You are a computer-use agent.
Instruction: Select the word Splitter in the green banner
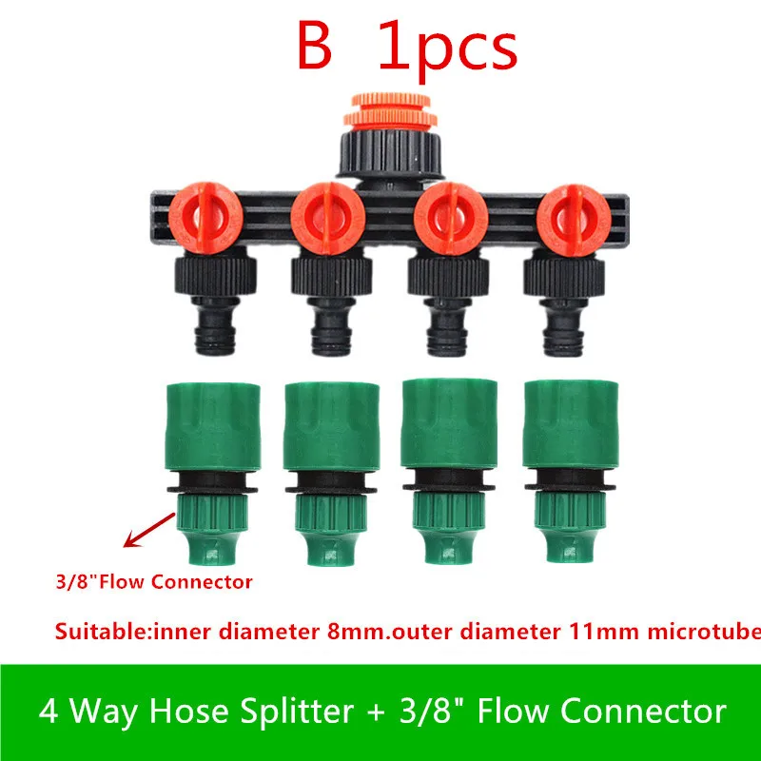tap(244, 712)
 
